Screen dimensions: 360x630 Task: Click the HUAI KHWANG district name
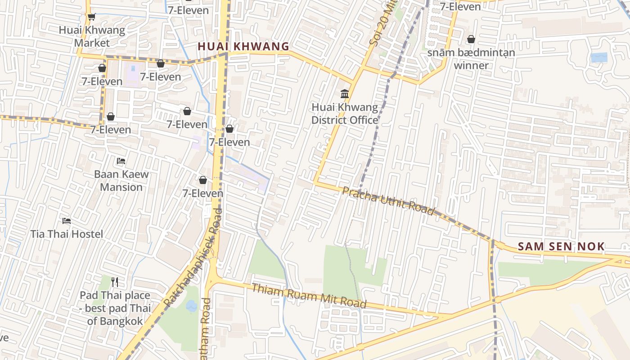click(243, 46)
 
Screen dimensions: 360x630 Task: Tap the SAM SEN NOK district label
click(561, 246)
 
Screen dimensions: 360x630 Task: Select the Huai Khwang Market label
click(92, 37)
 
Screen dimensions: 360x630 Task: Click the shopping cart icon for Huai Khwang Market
click(91, 17)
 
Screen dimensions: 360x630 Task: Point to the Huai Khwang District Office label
click(345, 114)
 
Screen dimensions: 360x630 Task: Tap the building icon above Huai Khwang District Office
click(345, 94)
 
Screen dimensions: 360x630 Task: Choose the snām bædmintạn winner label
click(471, 59)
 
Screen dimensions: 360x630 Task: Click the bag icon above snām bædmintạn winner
click(471, 39)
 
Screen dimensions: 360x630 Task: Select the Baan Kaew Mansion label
click(121, 180)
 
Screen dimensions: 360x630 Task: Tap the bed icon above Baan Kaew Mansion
click(121, 161)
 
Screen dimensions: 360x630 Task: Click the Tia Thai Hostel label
click(67, 234)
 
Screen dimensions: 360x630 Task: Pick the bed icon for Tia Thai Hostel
click(67, 220)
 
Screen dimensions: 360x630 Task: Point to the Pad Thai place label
click(115, 308)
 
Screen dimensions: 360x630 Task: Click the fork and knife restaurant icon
click(115, 282)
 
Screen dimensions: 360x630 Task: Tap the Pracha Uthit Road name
click(388, 201)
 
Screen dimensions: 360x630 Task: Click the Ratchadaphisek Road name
click(192, 258)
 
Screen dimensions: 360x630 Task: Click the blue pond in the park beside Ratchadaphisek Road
click(191, 306)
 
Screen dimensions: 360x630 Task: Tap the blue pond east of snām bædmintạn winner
click(599, 58)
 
